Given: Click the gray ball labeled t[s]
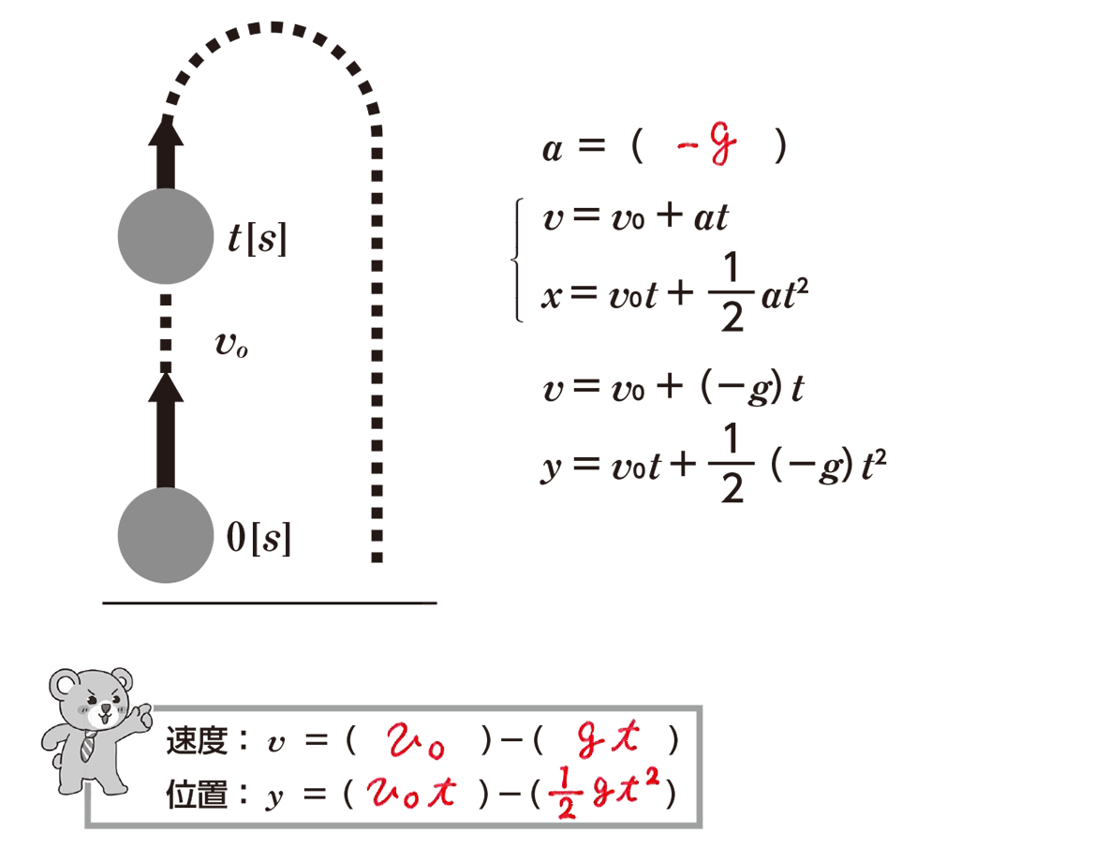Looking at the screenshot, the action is tap(166, 236).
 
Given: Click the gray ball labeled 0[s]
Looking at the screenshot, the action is tap(166, 535).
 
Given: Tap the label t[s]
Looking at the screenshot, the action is tap(258, 238).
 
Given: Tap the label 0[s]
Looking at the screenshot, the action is tap(259, 538).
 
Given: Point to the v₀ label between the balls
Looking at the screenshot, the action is tap(231, 345).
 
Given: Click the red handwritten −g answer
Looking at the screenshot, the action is tap(706, 144).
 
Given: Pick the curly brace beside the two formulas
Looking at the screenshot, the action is tap(518, 260).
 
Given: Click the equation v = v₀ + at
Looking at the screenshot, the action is tap(635, 216).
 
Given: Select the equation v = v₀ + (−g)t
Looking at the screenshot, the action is tap(673, 388).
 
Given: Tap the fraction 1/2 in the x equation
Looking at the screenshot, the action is tap(732, 291).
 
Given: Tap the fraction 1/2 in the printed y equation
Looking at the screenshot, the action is tap(732, 463).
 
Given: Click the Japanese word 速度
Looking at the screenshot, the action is tap(197, 741).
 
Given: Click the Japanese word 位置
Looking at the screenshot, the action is tap(197, 795).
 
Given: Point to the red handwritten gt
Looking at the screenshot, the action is tap(609, 738).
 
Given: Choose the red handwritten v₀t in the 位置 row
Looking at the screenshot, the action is tap(411, 792).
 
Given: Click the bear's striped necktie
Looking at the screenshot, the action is tap(88, 746).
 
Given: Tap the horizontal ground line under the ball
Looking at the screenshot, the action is tap(270, 603).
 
